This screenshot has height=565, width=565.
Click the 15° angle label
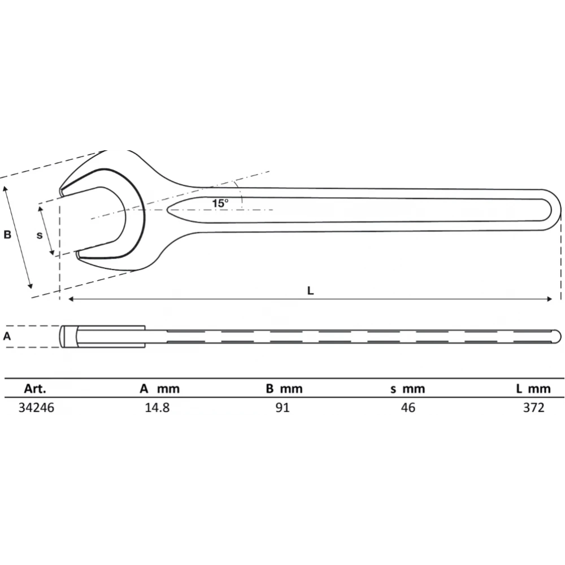click(220, 203)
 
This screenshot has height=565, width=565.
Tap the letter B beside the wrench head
click(7, 234)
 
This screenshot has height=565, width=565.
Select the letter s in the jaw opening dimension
click(40, 235)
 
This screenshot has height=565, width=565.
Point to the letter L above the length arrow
click(310, 290)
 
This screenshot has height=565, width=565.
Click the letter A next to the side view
click(7, 336)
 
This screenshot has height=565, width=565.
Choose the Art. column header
click(35, 389)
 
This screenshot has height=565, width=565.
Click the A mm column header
click(160, 389)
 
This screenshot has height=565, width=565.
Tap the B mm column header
click(284, 389)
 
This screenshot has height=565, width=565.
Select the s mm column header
click(408, 389)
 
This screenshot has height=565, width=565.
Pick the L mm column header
click(533, 389)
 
